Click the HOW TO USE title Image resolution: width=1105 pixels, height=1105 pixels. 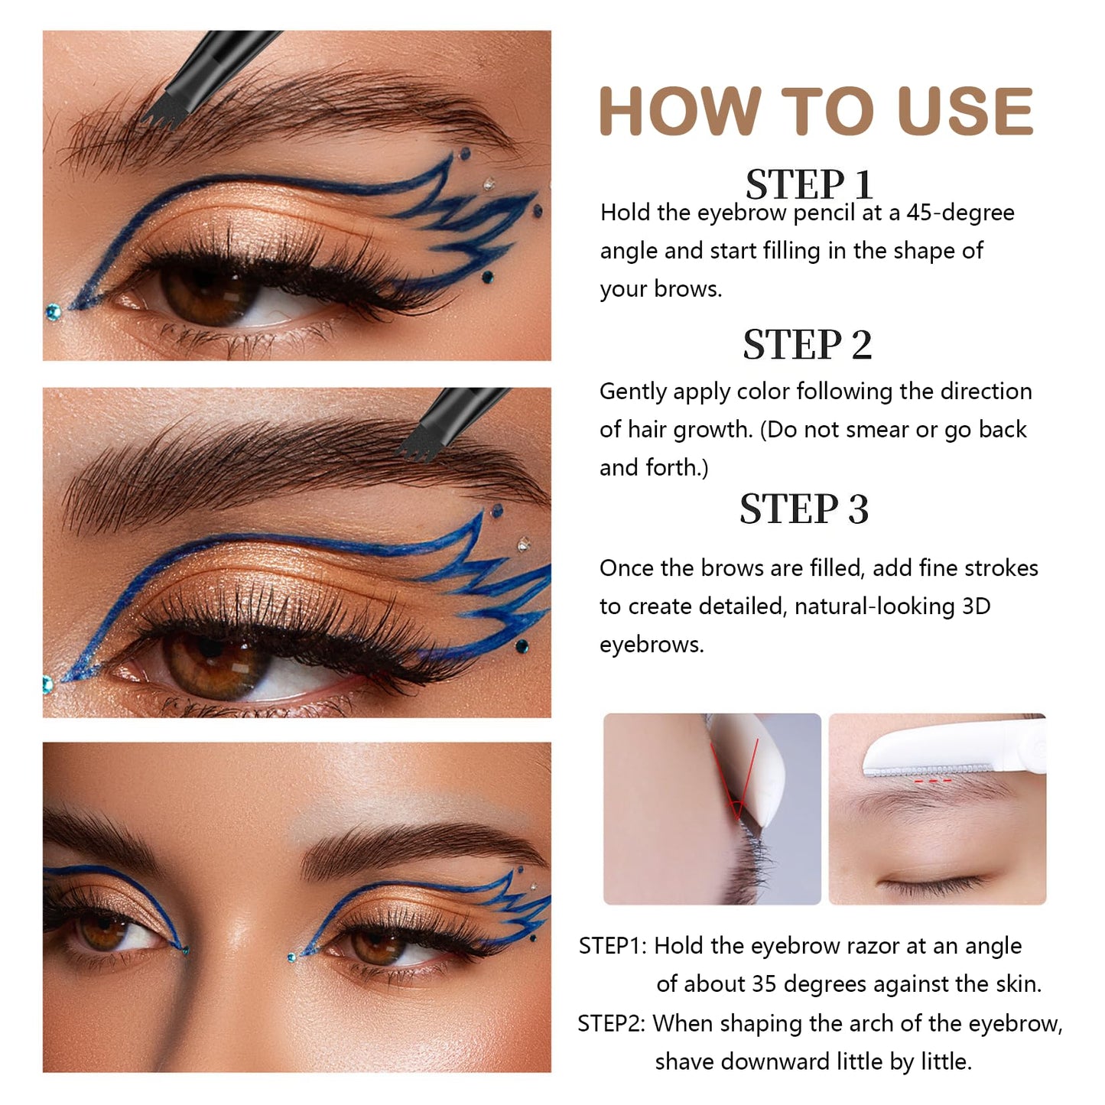tap(815, 112)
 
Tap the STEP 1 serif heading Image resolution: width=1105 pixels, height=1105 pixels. tap(808, 185)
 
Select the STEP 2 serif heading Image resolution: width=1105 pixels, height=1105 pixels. tap(807, 345)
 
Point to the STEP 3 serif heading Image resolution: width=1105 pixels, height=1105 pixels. tap(804, 509)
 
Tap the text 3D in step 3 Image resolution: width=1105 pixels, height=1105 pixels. tap(976, 606)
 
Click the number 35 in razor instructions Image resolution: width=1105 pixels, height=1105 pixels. tap(765, 984)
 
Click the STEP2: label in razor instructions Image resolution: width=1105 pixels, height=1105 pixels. tap(611, 1023)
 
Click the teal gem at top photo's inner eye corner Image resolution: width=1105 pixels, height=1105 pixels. tap(53, 311)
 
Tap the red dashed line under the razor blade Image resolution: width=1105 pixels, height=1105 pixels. tap(932, 781)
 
